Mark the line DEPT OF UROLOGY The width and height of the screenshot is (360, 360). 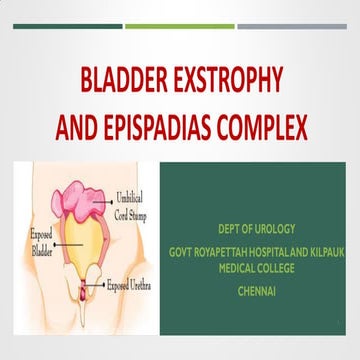click(257, 228)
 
